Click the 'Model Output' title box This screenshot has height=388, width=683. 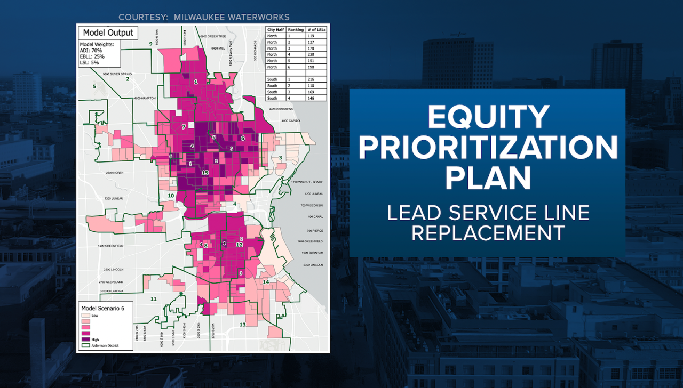coord(108,33)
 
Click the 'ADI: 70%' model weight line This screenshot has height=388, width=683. coord(91,51)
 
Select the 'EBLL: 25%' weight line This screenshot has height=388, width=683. coord(92,56)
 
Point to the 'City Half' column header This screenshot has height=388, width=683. coord(275,30)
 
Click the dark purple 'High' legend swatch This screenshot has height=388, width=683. coord(85,339)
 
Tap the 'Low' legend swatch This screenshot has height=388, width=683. coord(85,316)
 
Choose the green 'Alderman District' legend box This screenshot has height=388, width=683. coord(85,345)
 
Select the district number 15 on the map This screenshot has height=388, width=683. coord(204,173)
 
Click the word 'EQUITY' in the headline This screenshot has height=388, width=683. coord(488,117)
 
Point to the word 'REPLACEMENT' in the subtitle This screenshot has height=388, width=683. coord(488,232)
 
